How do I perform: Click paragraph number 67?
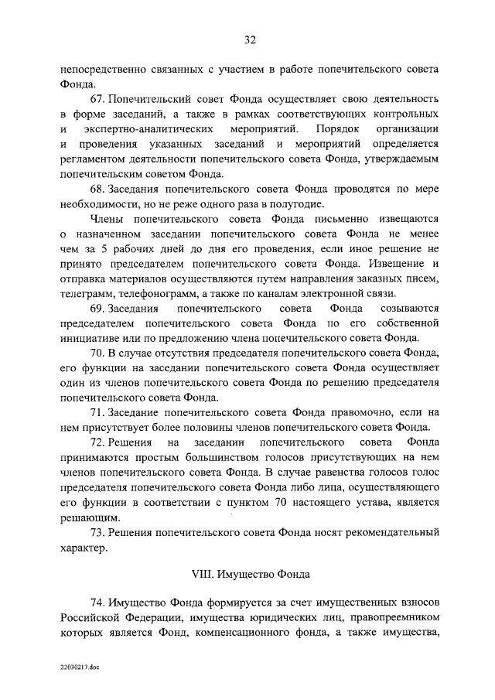pyautogui.click(x=98, y=100)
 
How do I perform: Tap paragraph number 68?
pyautogui.click(x=98, y=190)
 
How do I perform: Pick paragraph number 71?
pyautogui.click(x=98, y=413)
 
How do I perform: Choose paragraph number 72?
pyautogui.click(x=98, y=443)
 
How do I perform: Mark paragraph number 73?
pyautogui.click(x=98, y=532)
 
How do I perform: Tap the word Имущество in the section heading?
pyautogui.click(x=245, y=575)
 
